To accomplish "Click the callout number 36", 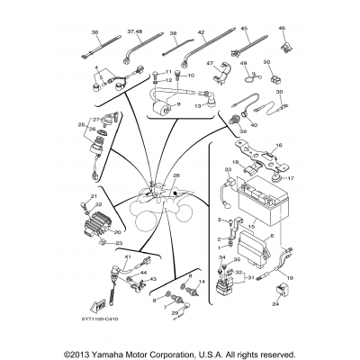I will pyautogui.click(x=94, y=32).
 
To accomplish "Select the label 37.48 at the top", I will pyautogui.click(x=136, y=32).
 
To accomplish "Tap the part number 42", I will pyautogui.click(x=202, y=32).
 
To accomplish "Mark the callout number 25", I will pyautogui.click(x=82, y=124).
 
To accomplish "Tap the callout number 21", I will pyautogui.click(x=93, y=196).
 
